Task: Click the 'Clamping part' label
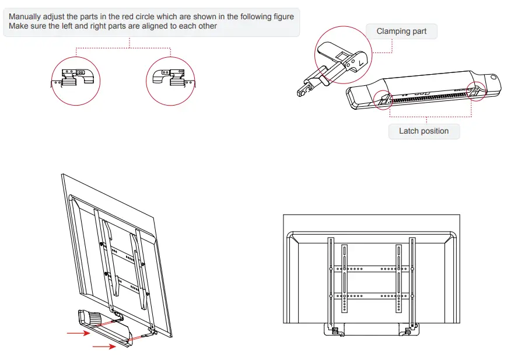pos(401,31)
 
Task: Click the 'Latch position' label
pos(423,131)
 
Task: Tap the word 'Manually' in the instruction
pos(26,17)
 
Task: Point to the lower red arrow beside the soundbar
pos(103,346)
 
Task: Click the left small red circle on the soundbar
pos(383,100)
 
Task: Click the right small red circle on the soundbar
pos(476,91)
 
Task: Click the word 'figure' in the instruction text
pos(282,17)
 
